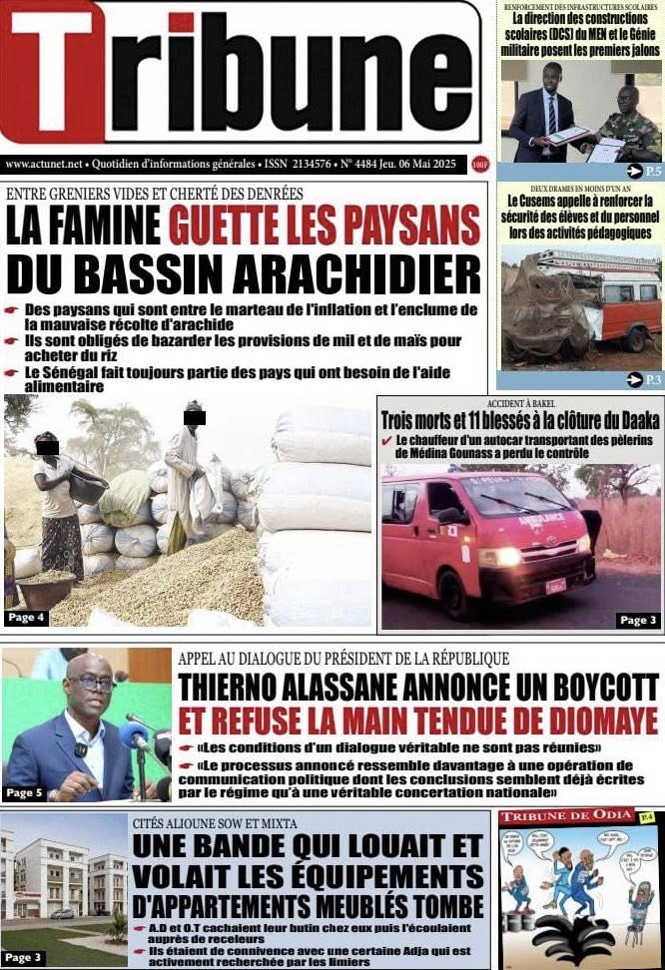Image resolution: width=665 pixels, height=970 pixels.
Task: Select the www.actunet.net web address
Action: click(x=45, y=164)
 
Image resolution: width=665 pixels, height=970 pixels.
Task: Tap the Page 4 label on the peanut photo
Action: click(x=27, y=618)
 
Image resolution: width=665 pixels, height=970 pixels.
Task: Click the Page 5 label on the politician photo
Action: click(x=25, y=791)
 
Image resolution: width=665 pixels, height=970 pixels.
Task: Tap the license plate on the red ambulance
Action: click(x=555, y=585)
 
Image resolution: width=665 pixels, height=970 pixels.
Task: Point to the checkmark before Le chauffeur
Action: click(x=386, y=440)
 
